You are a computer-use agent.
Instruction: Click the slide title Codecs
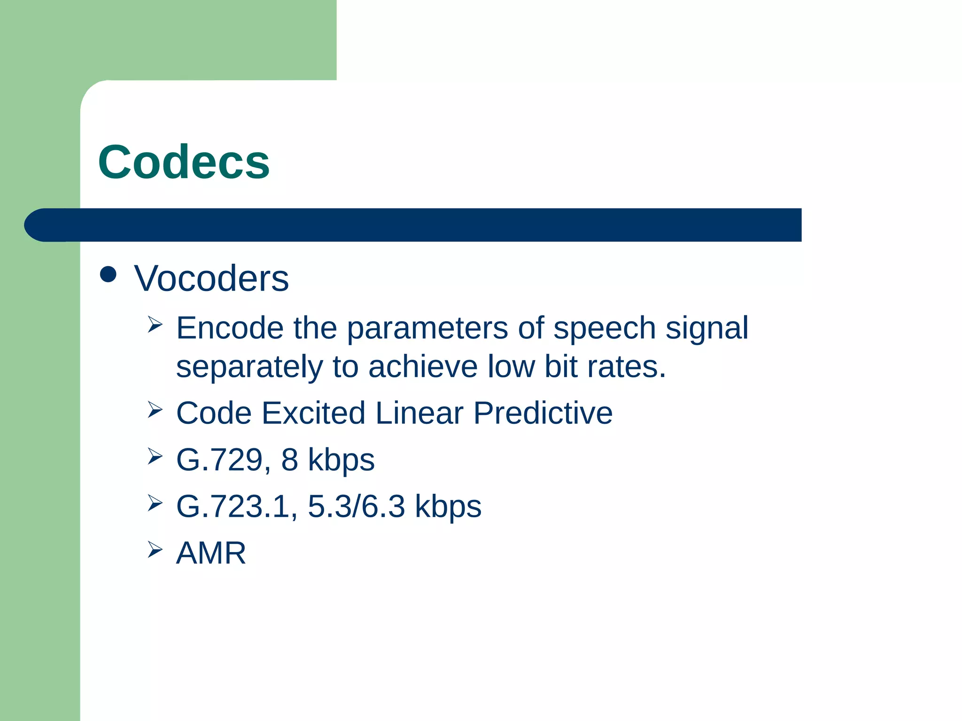(x=184, y=162)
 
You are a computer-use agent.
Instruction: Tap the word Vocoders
(x=211, y=279)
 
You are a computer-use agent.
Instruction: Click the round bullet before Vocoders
(x=109, y=275)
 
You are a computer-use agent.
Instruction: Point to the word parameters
(x=427, y=329)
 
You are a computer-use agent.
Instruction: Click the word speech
(x=604, y=329)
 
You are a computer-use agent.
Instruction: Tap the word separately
(x=249, y=368)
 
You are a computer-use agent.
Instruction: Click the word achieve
(x=423, y=367)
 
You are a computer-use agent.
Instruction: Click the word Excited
(x=313, y=413)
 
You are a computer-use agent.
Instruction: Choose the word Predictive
(x=543, y=413)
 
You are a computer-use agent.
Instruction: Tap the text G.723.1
(x=236, y=506)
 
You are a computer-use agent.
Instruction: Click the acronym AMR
(x=211, y=553)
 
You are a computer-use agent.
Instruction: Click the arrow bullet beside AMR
(x=155, y=549)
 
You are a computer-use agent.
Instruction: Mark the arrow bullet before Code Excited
(x=155, y=409)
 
